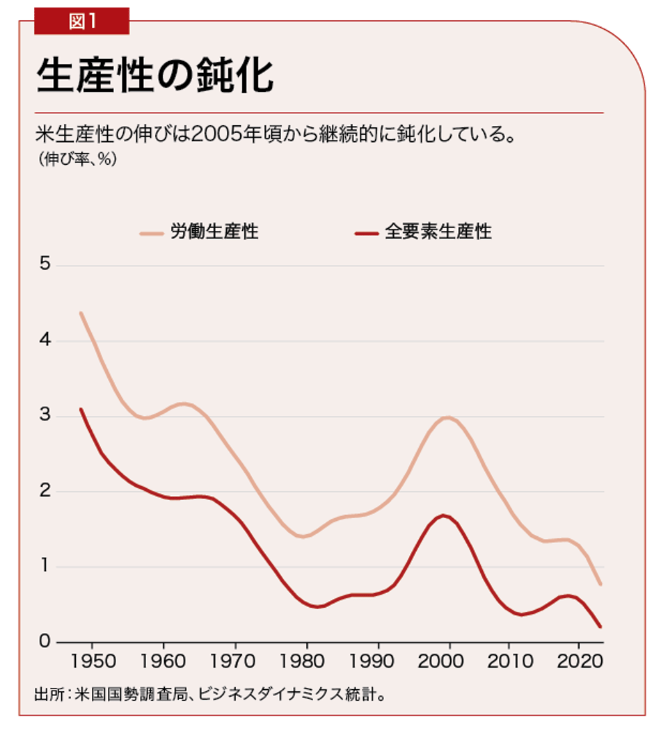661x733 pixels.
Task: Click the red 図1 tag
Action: (82, 21)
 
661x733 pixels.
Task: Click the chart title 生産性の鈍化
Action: (154, 76)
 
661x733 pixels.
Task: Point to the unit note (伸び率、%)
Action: (78, 159)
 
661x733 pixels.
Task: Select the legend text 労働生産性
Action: (214, 232)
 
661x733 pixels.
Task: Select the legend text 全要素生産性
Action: (438, 232)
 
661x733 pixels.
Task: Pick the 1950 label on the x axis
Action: (90, 659)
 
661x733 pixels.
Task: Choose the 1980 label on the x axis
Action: (305, 659)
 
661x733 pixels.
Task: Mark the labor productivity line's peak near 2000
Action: (447, 417)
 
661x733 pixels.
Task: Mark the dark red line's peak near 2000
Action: (445, 515)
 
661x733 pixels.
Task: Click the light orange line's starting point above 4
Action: (81, 314)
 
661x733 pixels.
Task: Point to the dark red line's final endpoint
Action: (600, 627)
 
